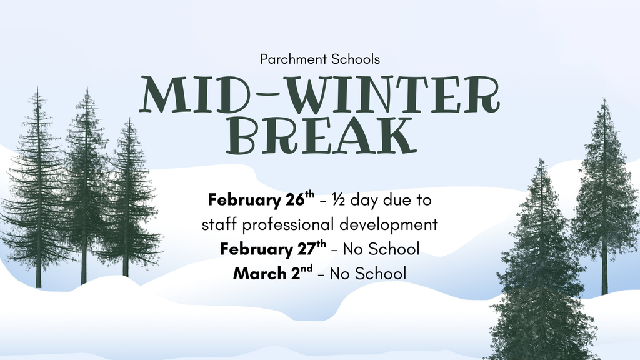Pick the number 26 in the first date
294,201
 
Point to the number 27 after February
304,249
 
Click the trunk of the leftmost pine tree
39,275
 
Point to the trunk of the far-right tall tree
604,278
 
